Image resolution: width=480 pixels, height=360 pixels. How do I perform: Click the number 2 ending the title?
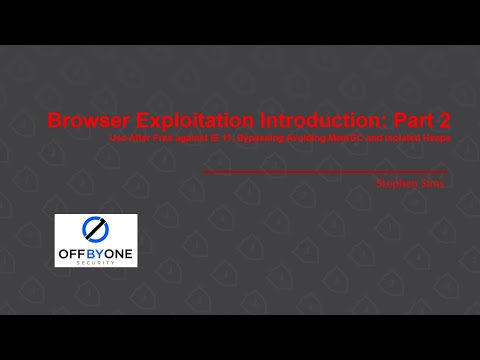tap(443, 121)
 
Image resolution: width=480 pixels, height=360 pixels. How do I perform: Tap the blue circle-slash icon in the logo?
tap(96, 227)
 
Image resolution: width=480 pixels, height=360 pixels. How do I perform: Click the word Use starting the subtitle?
tap(118, 137)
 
